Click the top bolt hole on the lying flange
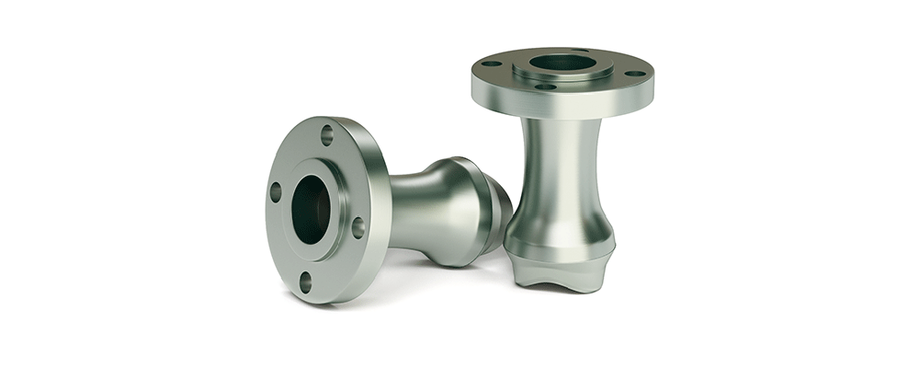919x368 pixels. (x=326, y=136)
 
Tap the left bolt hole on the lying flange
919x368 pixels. (x=275, y=192)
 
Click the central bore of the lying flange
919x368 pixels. (x=311, y=209)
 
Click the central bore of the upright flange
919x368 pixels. (x=562, y=63)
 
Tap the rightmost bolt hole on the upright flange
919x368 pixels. (x=634, y=73)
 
